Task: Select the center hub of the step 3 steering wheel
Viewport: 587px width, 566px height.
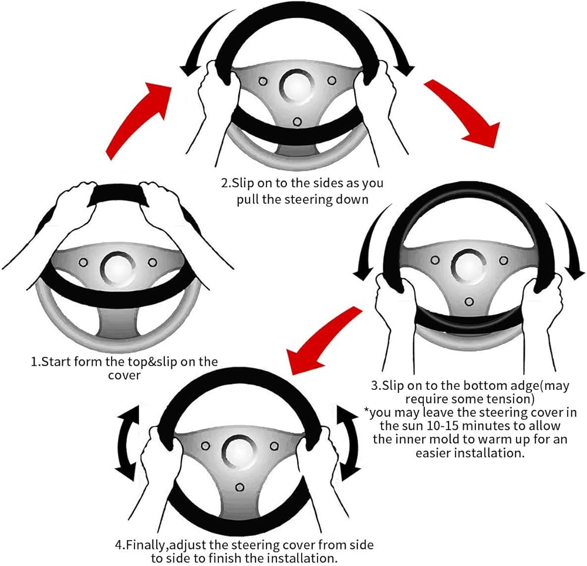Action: tap(467, 267)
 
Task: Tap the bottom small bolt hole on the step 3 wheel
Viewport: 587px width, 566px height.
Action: tap(468, 302)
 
